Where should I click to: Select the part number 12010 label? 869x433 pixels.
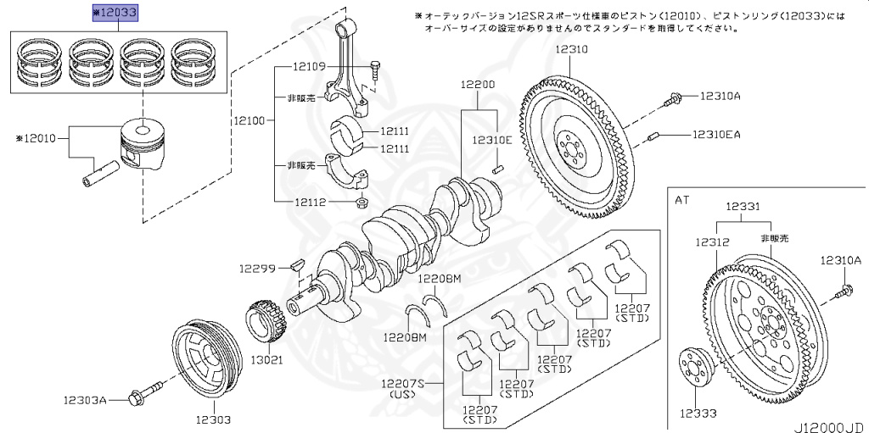[x=40, y=137]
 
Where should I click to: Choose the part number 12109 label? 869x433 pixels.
[x=311, y=66]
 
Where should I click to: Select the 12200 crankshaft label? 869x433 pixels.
[x=478, y=86]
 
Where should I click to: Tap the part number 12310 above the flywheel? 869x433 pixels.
[x=572, y=50]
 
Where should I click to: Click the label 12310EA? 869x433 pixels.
[x=716, y=134]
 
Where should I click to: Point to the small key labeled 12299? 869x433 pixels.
[x=297, y=264]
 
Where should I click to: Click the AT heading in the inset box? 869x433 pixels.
[x=682, y=200]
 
